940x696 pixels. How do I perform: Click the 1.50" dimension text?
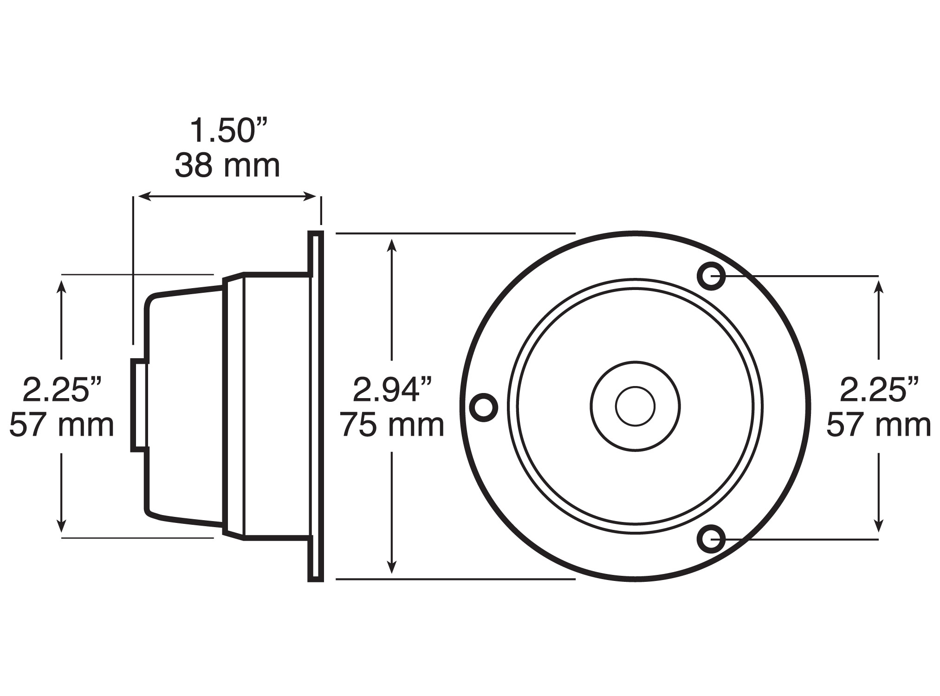pyautogui.click(x=229, y=131)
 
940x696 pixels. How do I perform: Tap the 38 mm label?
pyautogui.click(x=227, y=166)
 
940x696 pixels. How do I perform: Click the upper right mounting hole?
pyautogui.click(x=711, y=276)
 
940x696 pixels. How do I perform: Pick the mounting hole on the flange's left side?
pyautogui.click(x=484, y=407)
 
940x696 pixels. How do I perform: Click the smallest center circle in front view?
pyautogui.click(x=635, y=406)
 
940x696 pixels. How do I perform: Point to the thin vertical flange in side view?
pyautogui.click(x=316, y=406)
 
